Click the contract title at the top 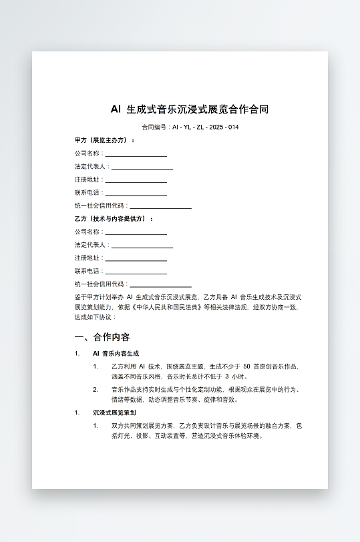click(x=189, y=109)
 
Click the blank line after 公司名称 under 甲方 click(x=136, y=155)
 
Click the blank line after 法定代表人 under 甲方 click(x=142, y=168)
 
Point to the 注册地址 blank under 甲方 click(x=136, y=181)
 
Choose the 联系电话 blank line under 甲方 click(x=136, y=194)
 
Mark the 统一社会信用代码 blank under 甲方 click(x=160, y=208)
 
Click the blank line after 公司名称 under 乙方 click(x=136, y=234)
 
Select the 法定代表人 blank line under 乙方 click(x=142, y=247)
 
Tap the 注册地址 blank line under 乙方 click(x=136, y=260)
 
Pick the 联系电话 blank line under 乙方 click(x=136, y=273)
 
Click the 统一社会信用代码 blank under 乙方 click(x=160, y=286)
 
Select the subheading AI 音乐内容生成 click(x=116, y=353)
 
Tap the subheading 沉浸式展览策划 click(x=114, y=413)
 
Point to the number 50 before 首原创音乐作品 click(x=246, y=366)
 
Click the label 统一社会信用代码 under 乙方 click(x=100, y=284)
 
